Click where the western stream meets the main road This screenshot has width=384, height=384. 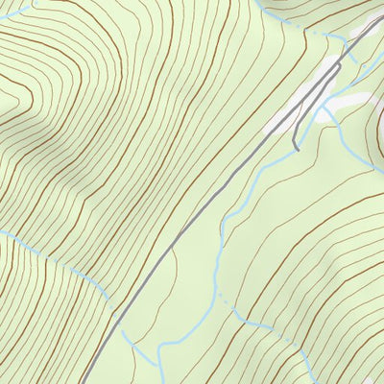point(117,309)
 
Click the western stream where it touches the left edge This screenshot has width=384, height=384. point(2,231)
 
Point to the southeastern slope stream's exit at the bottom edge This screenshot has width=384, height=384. point(312,382)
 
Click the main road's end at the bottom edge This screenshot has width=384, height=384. point(81,382)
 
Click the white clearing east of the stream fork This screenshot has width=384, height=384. point(351,100)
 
